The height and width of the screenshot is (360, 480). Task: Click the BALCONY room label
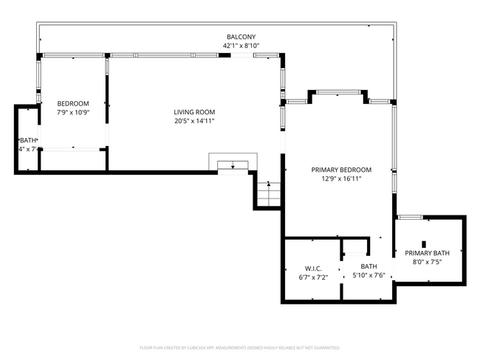coord(241,36)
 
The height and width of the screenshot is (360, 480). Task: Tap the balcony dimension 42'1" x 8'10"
coord(241,45)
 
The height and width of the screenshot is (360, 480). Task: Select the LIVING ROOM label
coord(194,112)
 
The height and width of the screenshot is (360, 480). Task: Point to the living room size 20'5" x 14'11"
coord(194,121)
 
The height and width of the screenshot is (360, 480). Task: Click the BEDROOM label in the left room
coord(73,103)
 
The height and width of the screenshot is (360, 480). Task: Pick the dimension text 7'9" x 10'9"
coord(73,112)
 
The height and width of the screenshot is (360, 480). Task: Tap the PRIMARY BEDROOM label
coord(340,170)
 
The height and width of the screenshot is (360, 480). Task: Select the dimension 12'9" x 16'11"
coord(340,179)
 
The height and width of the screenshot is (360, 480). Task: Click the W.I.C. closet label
coord(312,268)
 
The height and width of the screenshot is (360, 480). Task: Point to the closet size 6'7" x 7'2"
coord(312,277)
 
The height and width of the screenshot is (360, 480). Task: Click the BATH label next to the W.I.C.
coord(369,266)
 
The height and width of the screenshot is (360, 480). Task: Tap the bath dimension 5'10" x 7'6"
coord(369,276)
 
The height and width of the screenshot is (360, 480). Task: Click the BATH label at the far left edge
coord(27,140)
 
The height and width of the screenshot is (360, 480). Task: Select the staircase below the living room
coord(268,195)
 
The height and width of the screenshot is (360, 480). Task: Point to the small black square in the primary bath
coord(424,243)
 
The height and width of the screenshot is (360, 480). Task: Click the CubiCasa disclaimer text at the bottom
coord(240,347)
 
